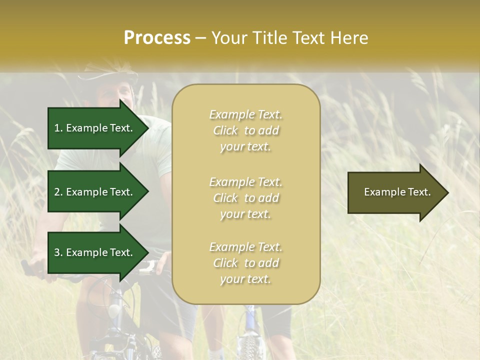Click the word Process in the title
[x=157, y=38]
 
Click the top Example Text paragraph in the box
[x=245, y=130]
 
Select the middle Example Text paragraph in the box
[x=245, y=197]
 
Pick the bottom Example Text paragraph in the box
[x=245, y=263]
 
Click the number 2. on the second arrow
[x=58, y=192]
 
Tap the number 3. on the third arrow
[x=58, y=252]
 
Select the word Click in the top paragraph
[x=225, y=131]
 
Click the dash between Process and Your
[x=201, y=38]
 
